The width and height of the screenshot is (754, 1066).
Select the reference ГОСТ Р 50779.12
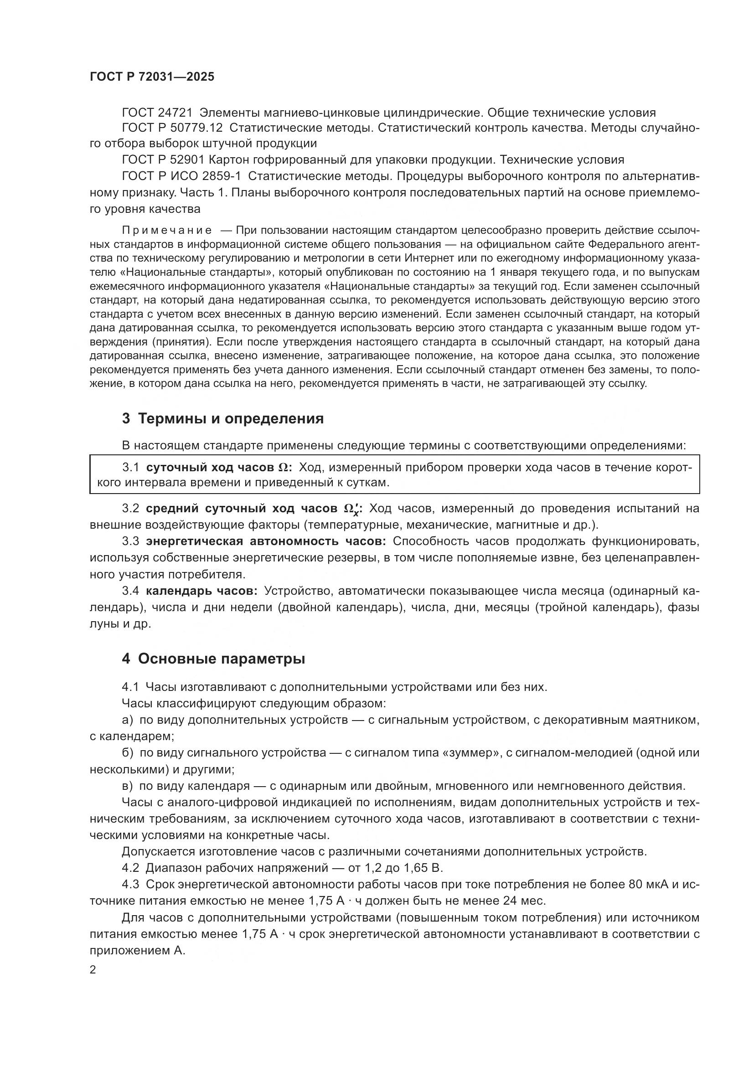[172, 128]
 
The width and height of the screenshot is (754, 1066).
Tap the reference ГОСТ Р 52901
[163, 160]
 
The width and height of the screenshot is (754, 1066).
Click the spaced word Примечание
[167, 231]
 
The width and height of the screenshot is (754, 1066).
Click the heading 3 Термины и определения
[222, 419]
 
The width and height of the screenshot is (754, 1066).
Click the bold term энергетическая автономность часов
[266, 541]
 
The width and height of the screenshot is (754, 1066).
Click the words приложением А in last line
[137, 950]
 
